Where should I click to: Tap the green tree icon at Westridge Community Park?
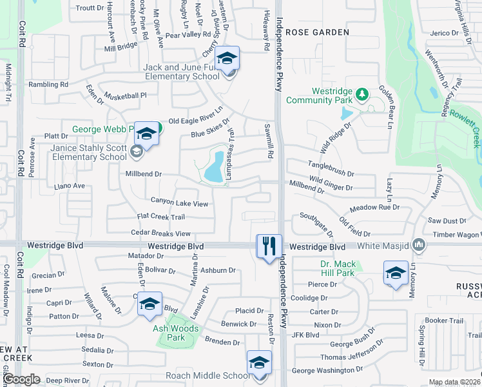pos(362,95)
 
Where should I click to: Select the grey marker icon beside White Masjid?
pos(419,244)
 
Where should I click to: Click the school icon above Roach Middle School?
pos(259,362)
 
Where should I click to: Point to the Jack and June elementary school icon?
pos(226,59)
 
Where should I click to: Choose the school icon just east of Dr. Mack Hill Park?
pos(395,272)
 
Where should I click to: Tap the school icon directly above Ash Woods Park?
pos(149,304)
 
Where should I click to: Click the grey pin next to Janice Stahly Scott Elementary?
pos(136,152)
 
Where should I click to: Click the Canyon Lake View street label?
pos(179,203)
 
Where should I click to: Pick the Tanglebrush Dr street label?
pos(331,164)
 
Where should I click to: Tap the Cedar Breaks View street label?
pos(160,233)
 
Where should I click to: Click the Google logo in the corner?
pos(22,379)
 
